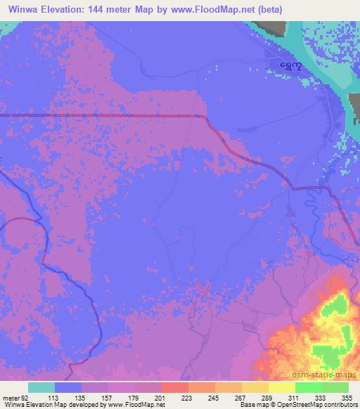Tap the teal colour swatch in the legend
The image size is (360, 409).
coord(41,387)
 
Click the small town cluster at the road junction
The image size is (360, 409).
coord(202,287)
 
